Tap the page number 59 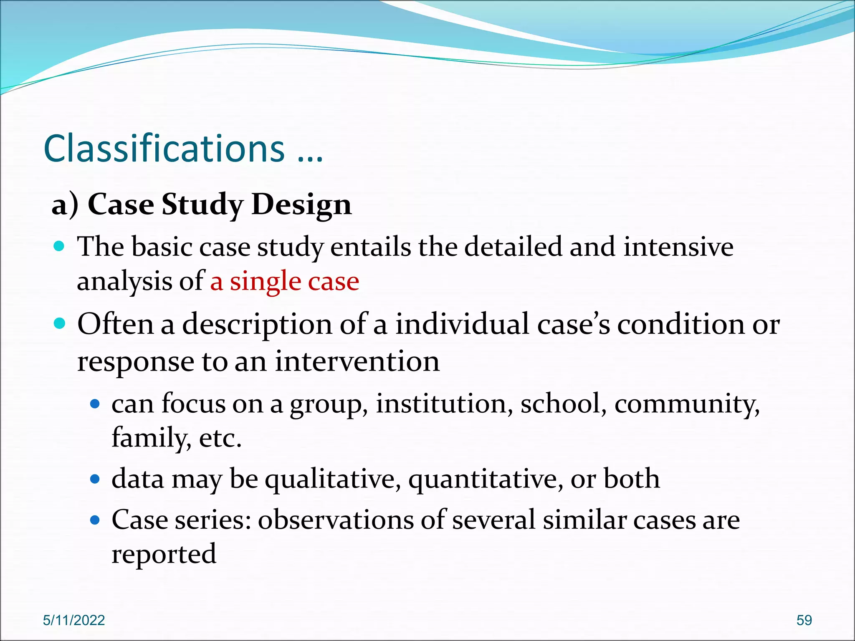point(804,620)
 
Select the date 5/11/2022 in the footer point(74,620)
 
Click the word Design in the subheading point(301,205)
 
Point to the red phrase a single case point(284,281)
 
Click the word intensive point(678,247)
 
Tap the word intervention point(357,361)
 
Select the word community point(686,404)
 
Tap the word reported point(164,555)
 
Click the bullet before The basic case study point(60,246)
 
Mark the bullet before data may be point(95,479)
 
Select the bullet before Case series point(95,520)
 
